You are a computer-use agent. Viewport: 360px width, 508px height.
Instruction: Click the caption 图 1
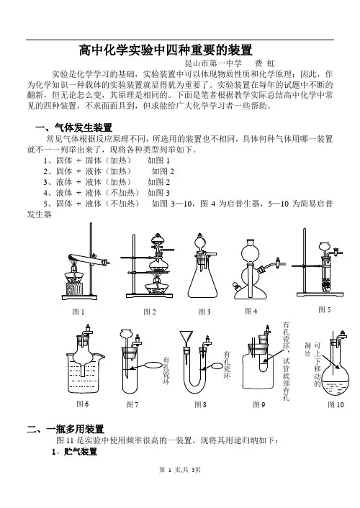pos(78,312)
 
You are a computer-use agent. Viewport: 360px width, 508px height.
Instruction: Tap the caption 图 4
pos(251,311)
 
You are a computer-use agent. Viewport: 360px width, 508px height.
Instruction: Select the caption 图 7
pos(132,404)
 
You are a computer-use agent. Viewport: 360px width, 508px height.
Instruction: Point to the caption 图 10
pos(336,404)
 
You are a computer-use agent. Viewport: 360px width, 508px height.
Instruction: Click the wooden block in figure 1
pos(74,289)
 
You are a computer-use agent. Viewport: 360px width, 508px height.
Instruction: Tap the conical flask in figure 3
pos(202,278)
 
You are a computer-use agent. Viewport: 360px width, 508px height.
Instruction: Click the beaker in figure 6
pos(85,373)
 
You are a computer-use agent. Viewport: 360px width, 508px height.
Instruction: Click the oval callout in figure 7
pos(153,365)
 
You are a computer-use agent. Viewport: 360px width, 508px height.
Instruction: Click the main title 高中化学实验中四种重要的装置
pos(166,50)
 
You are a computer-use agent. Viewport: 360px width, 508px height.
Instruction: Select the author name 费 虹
pos(265,63)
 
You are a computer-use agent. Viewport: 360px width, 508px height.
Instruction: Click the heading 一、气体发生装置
pos(73,127)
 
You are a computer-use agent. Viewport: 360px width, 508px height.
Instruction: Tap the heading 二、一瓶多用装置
pos(66,430)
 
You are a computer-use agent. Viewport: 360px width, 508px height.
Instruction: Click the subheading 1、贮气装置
pos(75,451)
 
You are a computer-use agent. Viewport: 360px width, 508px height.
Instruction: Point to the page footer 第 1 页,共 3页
pos(180,470)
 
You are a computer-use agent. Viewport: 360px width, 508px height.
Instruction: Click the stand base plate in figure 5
pos(320,294)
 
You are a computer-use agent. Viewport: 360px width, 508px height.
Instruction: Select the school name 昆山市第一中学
pos(213,63)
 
